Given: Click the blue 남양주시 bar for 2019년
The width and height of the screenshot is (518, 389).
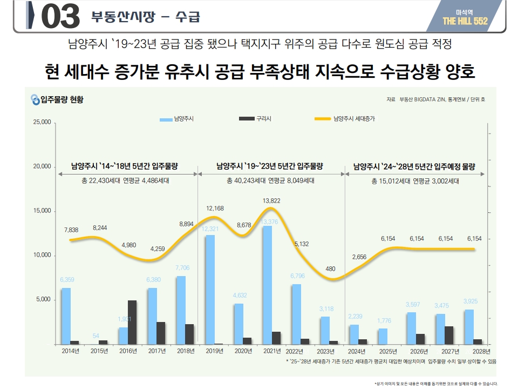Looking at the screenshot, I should coord(210,289).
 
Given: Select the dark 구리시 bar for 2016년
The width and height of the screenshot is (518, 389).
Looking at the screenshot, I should coord(132,322).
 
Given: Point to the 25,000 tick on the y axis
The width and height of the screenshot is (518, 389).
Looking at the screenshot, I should coord(43,122).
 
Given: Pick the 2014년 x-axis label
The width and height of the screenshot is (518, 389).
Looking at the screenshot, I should coord(70,351).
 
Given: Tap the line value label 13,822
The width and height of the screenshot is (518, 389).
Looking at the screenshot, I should coord(271,201).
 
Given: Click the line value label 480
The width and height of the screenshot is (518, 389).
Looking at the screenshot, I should coord(331,269).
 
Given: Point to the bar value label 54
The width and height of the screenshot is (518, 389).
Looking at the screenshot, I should coord(96,336).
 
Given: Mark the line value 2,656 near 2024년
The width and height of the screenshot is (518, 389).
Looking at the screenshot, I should coord(359,257).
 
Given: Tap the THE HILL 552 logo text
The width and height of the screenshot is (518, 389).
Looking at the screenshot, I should coord(465,21).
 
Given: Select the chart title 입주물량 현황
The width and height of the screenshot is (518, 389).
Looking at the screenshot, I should coord(62,99).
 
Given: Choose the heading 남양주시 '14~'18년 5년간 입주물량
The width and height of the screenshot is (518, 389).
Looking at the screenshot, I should coord(125,166).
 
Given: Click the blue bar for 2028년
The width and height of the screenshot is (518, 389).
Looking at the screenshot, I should coord(469,326).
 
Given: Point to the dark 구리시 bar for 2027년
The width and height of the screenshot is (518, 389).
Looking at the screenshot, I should coord(449,335).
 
